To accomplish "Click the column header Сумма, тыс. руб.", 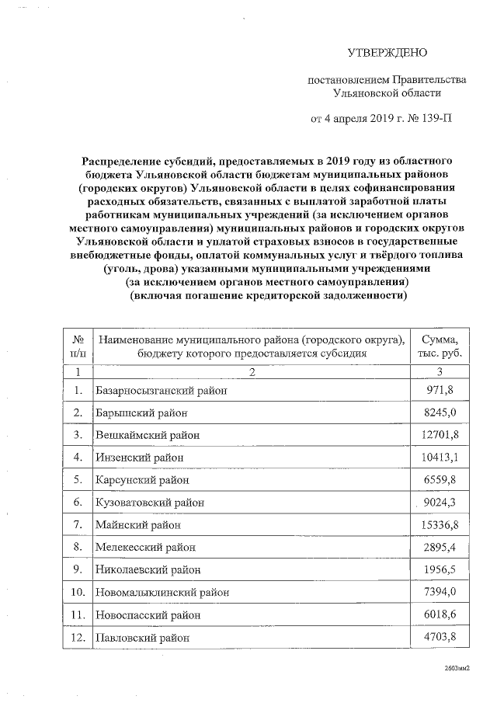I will pyautogui.click(x=440, y=346).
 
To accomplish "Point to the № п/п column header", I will pyautogui.click(x=77, y=346).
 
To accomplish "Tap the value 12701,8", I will pyautogui.click(x=440, y=435).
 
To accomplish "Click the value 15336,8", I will pyautogui.click(x=440, y=525).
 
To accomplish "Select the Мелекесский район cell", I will pyautogui.click(x=145, y=548).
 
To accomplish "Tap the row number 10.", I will pyautogui.click(x=77, y=593).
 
